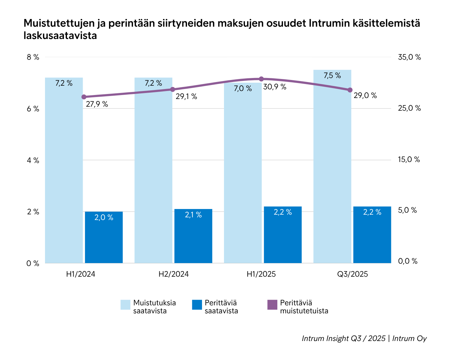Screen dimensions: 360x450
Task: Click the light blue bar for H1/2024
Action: pos(64,170)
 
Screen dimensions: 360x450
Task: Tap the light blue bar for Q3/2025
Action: pos(332,167)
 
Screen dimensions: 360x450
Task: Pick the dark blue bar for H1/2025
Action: pos(283,235)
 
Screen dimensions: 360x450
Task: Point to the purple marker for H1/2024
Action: pos(84,97)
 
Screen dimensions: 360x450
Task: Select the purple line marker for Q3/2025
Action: pos(350,90)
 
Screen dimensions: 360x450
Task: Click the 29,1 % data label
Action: pos(186,97)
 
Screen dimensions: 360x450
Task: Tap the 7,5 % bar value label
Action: pos(332,76)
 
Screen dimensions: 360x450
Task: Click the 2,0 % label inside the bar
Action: pos(104,218)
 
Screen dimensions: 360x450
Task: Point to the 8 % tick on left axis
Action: pos(33,57)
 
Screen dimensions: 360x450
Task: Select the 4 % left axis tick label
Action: pos(33,160)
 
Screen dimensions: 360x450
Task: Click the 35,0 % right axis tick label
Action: pos(409,57)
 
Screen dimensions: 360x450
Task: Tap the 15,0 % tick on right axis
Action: pos(409,160)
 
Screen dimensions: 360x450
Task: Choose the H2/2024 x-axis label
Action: pos(173,274)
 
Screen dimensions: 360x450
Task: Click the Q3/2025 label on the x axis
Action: pos(352,274)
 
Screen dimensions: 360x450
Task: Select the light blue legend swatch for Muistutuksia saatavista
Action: pos(125,305)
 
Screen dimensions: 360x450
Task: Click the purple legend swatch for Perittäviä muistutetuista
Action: pos(272,305)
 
